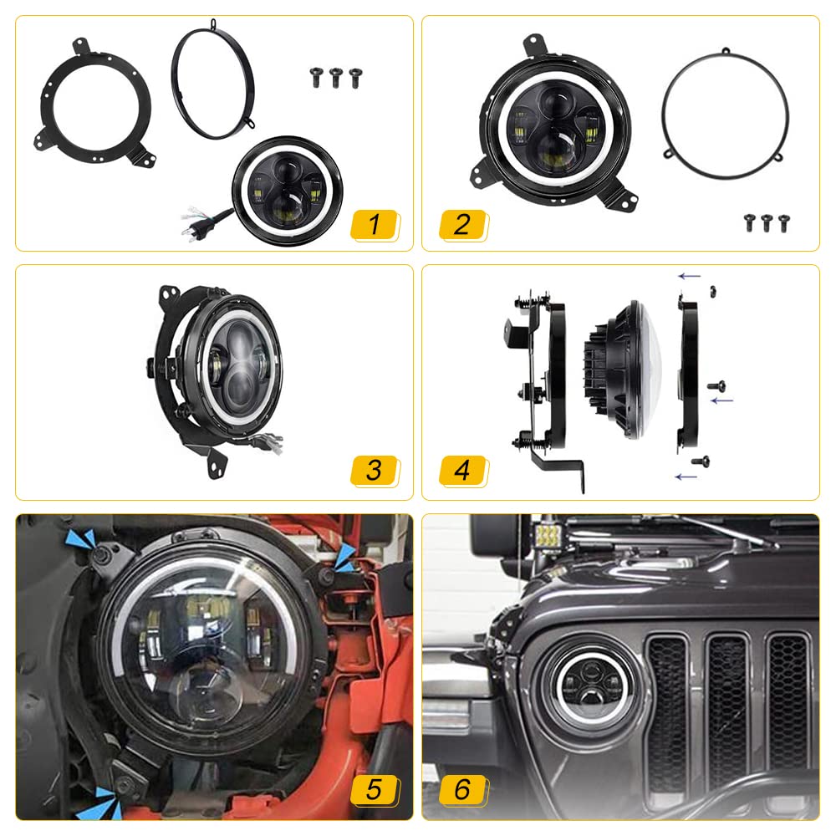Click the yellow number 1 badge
point(375,224)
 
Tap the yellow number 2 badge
point(462,224)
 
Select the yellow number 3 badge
point(375,470)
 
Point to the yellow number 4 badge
point(462,470)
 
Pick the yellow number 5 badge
point(375,788)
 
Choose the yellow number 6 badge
point(462,788)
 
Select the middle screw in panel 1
point(336,77)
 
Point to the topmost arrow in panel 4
point(689,275)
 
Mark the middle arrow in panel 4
point(721,401)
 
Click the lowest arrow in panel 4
point(686,477)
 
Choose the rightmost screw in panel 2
point(784,222)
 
